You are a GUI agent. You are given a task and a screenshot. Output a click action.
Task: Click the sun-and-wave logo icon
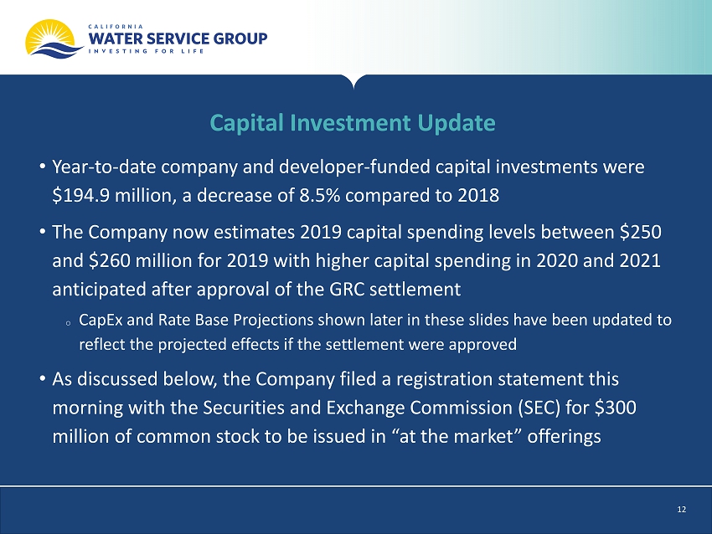[54, 39]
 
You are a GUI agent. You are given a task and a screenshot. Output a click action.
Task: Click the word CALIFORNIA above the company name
[116, 26]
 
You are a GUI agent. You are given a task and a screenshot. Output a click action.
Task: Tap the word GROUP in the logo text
[240, 39]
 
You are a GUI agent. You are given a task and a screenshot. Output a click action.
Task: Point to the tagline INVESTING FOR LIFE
[147, 51]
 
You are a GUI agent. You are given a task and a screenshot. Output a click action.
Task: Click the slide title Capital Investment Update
[353, 122]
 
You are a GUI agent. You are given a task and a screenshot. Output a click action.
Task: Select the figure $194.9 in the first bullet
[80, 196]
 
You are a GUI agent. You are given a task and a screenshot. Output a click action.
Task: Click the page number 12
[681, 510]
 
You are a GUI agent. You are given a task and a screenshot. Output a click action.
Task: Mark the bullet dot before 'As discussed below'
[43, 379]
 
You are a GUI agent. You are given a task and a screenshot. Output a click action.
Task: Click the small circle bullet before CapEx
[68, 323]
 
